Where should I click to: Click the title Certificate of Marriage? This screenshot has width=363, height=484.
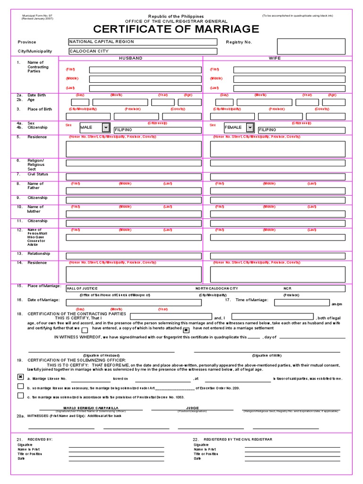176,29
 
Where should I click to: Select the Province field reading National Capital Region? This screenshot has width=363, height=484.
143,42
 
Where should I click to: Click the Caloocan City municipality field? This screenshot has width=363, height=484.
143,51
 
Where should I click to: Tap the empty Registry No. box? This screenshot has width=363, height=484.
311,46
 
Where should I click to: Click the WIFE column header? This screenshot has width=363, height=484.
275,58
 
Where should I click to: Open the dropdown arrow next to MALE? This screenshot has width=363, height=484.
105,128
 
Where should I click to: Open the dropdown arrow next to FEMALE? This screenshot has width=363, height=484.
250,128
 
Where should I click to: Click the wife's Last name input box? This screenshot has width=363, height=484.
289,88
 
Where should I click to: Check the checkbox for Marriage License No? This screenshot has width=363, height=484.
20,377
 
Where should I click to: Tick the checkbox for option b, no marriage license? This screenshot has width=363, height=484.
20,386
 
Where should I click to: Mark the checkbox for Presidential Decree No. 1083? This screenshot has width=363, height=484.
20,396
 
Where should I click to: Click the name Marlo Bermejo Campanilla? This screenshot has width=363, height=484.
91,407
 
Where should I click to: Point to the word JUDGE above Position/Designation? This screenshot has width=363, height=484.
192,407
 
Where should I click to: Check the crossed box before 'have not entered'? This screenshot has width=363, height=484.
186,329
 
